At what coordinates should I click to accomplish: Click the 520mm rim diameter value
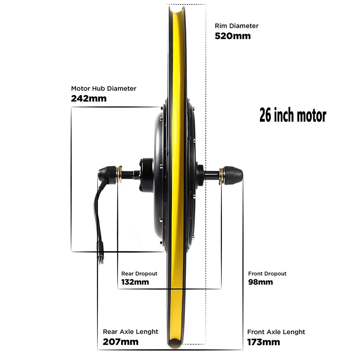[233, 36]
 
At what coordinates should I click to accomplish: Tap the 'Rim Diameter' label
[237, 26]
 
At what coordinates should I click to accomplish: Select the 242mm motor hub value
[89, 98]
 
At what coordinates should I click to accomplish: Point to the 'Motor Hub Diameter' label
[104, 89]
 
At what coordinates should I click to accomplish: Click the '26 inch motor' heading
[293, 116]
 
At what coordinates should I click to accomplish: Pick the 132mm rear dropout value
[135, 282]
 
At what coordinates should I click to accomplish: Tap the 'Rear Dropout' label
[139, 274]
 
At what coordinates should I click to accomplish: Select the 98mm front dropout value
[261, 282]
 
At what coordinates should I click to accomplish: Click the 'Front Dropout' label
[267, 274]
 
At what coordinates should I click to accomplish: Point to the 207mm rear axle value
[121, 342]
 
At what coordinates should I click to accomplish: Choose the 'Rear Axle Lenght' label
[131, 332]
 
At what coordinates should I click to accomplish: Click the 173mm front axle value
[264, 342]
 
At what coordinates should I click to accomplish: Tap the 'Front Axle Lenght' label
[276, 332]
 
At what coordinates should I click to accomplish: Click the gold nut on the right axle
[222, 175]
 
